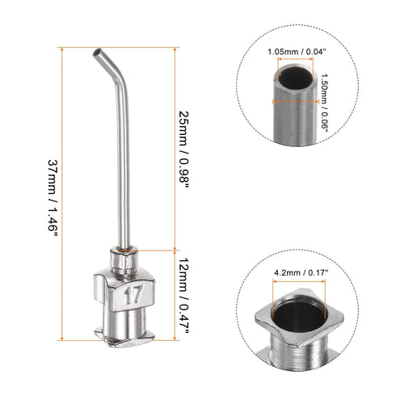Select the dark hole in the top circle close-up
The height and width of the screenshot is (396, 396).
(295, 82)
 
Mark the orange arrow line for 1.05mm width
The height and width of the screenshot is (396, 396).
(296, 63)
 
